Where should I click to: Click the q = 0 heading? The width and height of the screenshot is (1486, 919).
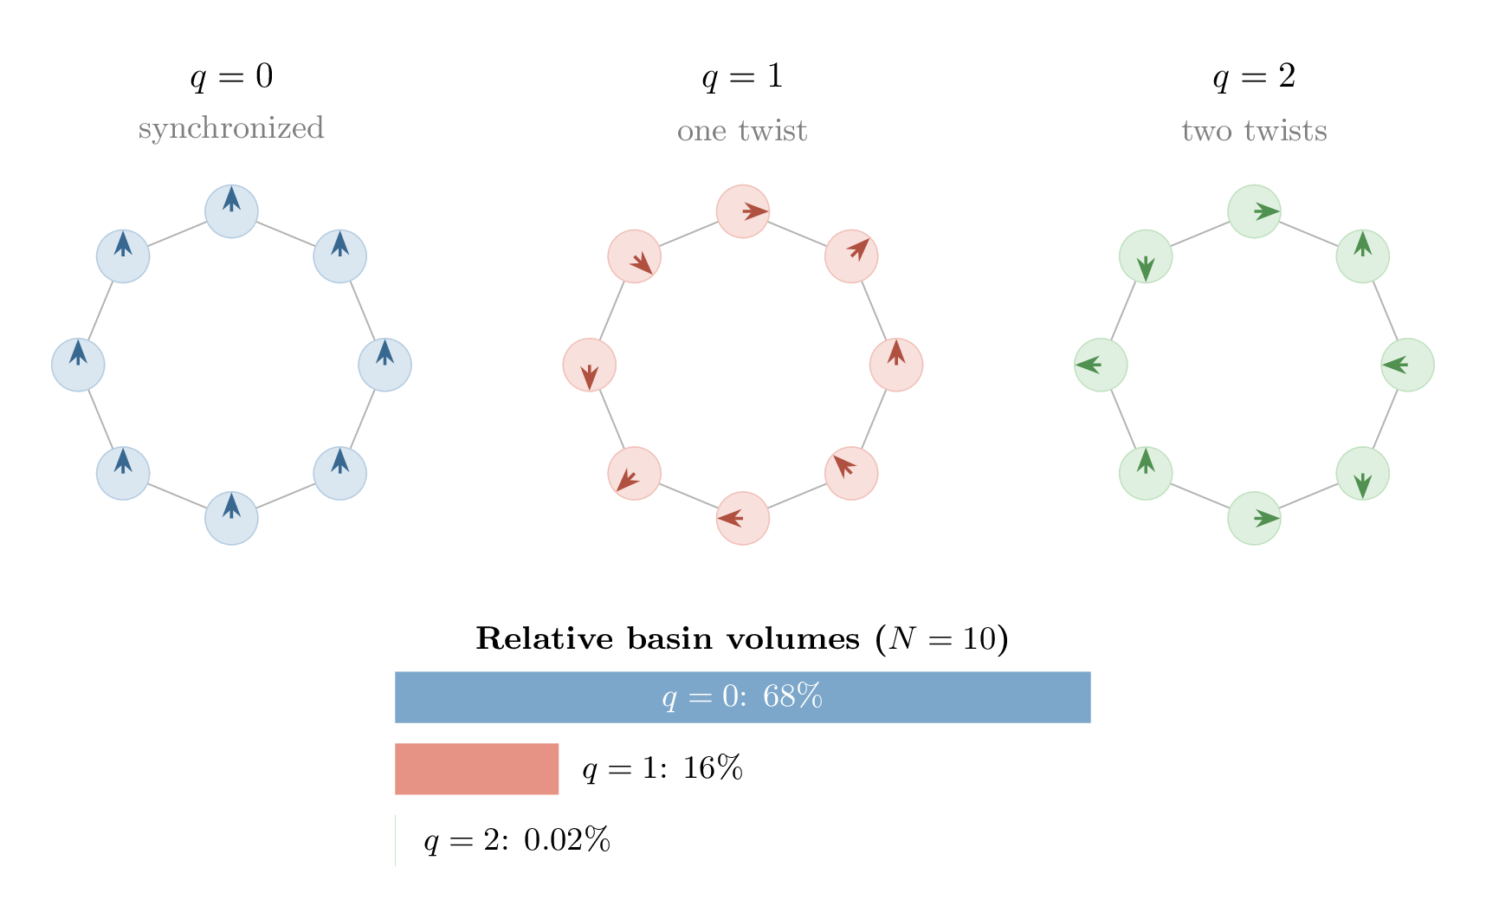(231, 76)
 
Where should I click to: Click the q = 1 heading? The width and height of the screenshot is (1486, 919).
(742, 76)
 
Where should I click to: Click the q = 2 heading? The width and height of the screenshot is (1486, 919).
(1254, 76)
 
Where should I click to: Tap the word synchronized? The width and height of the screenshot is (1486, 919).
(231, 129)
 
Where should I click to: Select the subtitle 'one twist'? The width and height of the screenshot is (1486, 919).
(742, 131)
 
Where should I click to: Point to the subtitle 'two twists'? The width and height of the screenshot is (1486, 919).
(1254, 131)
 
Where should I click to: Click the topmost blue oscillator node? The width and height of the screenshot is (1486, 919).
(231, 210)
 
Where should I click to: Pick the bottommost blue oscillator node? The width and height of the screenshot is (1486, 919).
(231, 518)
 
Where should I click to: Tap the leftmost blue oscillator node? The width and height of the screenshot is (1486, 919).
(78, 365)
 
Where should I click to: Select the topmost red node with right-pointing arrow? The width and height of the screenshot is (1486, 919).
(743, 210)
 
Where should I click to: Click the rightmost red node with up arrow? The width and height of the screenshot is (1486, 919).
(896, 365)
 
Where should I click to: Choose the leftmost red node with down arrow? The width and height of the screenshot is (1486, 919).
(590, 365)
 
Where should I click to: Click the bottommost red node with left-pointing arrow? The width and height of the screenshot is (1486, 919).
(743, 518)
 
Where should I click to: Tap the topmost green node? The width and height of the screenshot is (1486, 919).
(1254, 210)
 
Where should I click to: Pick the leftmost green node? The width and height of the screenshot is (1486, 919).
(1101, 365)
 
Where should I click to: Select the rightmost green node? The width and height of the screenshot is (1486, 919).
(1407, 365)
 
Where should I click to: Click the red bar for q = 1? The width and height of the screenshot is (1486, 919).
(476, 768)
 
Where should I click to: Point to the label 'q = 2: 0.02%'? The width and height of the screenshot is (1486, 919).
(517, 840)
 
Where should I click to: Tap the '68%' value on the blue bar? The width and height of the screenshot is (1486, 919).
(792, 696)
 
